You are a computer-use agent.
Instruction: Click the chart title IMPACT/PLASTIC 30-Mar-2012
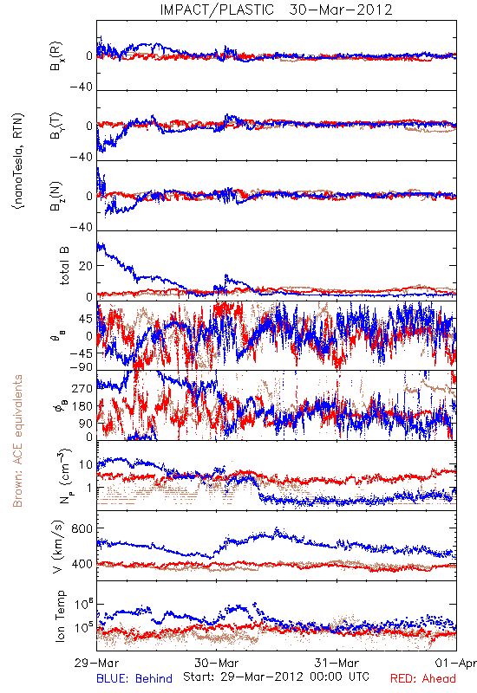276,10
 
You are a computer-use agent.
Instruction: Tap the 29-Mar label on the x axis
96,663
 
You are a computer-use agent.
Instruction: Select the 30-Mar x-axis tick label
216,663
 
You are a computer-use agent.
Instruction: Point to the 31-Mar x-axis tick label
337,663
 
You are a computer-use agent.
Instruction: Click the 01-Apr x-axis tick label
456,663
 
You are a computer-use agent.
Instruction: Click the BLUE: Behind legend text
134,678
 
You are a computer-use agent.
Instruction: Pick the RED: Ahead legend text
423,678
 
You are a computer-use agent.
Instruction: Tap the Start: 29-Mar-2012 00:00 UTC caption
276,677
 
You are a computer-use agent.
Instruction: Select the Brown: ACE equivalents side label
17,441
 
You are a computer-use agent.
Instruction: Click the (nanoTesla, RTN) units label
18,161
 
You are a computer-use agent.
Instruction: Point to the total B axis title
63,266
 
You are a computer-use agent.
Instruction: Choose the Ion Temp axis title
60,616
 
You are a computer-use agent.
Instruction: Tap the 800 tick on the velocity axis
82,528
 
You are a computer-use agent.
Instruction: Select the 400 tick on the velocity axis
82,564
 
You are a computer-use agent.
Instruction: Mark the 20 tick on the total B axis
85,266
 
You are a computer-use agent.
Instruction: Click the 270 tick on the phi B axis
82,388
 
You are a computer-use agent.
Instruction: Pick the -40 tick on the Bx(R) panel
81,87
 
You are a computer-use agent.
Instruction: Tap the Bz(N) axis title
56,196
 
